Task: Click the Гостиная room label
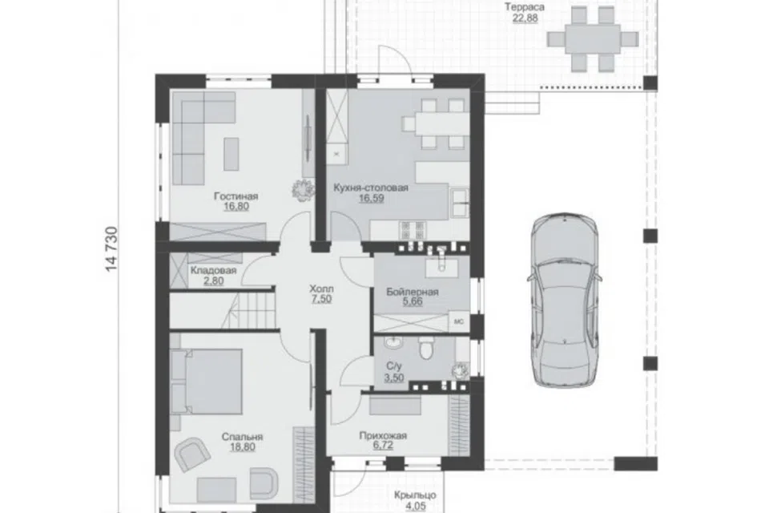pos(236,196)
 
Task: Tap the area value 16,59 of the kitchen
pos(371,198)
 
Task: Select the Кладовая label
pos(213,270)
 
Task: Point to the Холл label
pos(321,289)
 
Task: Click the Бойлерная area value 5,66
pos(413,301)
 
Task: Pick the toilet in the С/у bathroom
pos(425,348)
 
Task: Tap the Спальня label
pos(242,437)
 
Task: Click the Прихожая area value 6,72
pos(383,445)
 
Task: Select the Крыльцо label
pos(415,496)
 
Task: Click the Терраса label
pos(525,7)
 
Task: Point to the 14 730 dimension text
pos(112,249)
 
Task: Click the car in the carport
pos(566,301)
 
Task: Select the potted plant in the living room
pos(303,189)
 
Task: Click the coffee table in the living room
pos(232,154)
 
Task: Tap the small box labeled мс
pos(459,322)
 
